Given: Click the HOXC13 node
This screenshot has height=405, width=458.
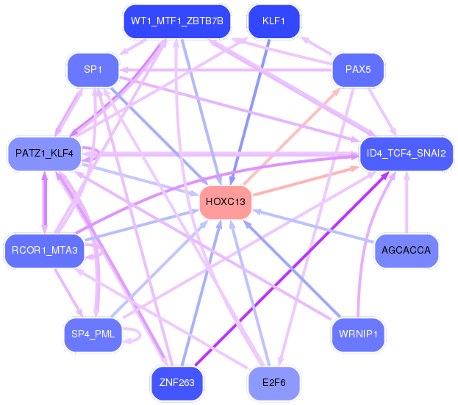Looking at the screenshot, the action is (226, 202).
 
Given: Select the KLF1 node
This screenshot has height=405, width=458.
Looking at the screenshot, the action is (273, 21).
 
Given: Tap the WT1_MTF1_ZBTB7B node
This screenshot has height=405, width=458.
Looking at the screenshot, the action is (177, 21).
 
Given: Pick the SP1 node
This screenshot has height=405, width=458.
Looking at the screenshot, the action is (93, 70).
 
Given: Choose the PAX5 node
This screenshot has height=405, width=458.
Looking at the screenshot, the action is (358, 70).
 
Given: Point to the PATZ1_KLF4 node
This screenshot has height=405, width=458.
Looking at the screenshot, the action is (44, 154).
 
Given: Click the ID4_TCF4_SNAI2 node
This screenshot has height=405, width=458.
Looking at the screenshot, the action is (407, 154).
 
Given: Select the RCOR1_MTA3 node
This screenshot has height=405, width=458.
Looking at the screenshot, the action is (44, 250).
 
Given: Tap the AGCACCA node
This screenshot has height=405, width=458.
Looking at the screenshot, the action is (407, 250).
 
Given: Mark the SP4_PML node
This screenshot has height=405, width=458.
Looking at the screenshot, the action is (93, 334).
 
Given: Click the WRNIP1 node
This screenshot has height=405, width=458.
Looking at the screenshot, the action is (358, 334).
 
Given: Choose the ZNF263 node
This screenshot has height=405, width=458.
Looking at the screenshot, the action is (177, 382).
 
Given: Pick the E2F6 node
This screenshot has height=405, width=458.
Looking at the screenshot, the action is (273, 382).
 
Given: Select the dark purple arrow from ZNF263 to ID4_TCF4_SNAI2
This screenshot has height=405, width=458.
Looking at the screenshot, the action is (292, 268).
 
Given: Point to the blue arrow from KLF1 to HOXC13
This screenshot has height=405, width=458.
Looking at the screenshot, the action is (250, 112).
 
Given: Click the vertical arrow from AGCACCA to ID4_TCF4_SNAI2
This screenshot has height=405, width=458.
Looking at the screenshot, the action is (407, 202).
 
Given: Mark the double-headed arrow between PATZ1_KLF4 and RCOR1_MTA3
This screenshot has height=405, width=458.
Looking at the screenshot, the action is (44, 202).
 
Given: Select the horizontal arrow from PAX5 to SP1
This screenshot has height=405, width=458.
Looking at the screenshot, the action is (226, 70).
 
